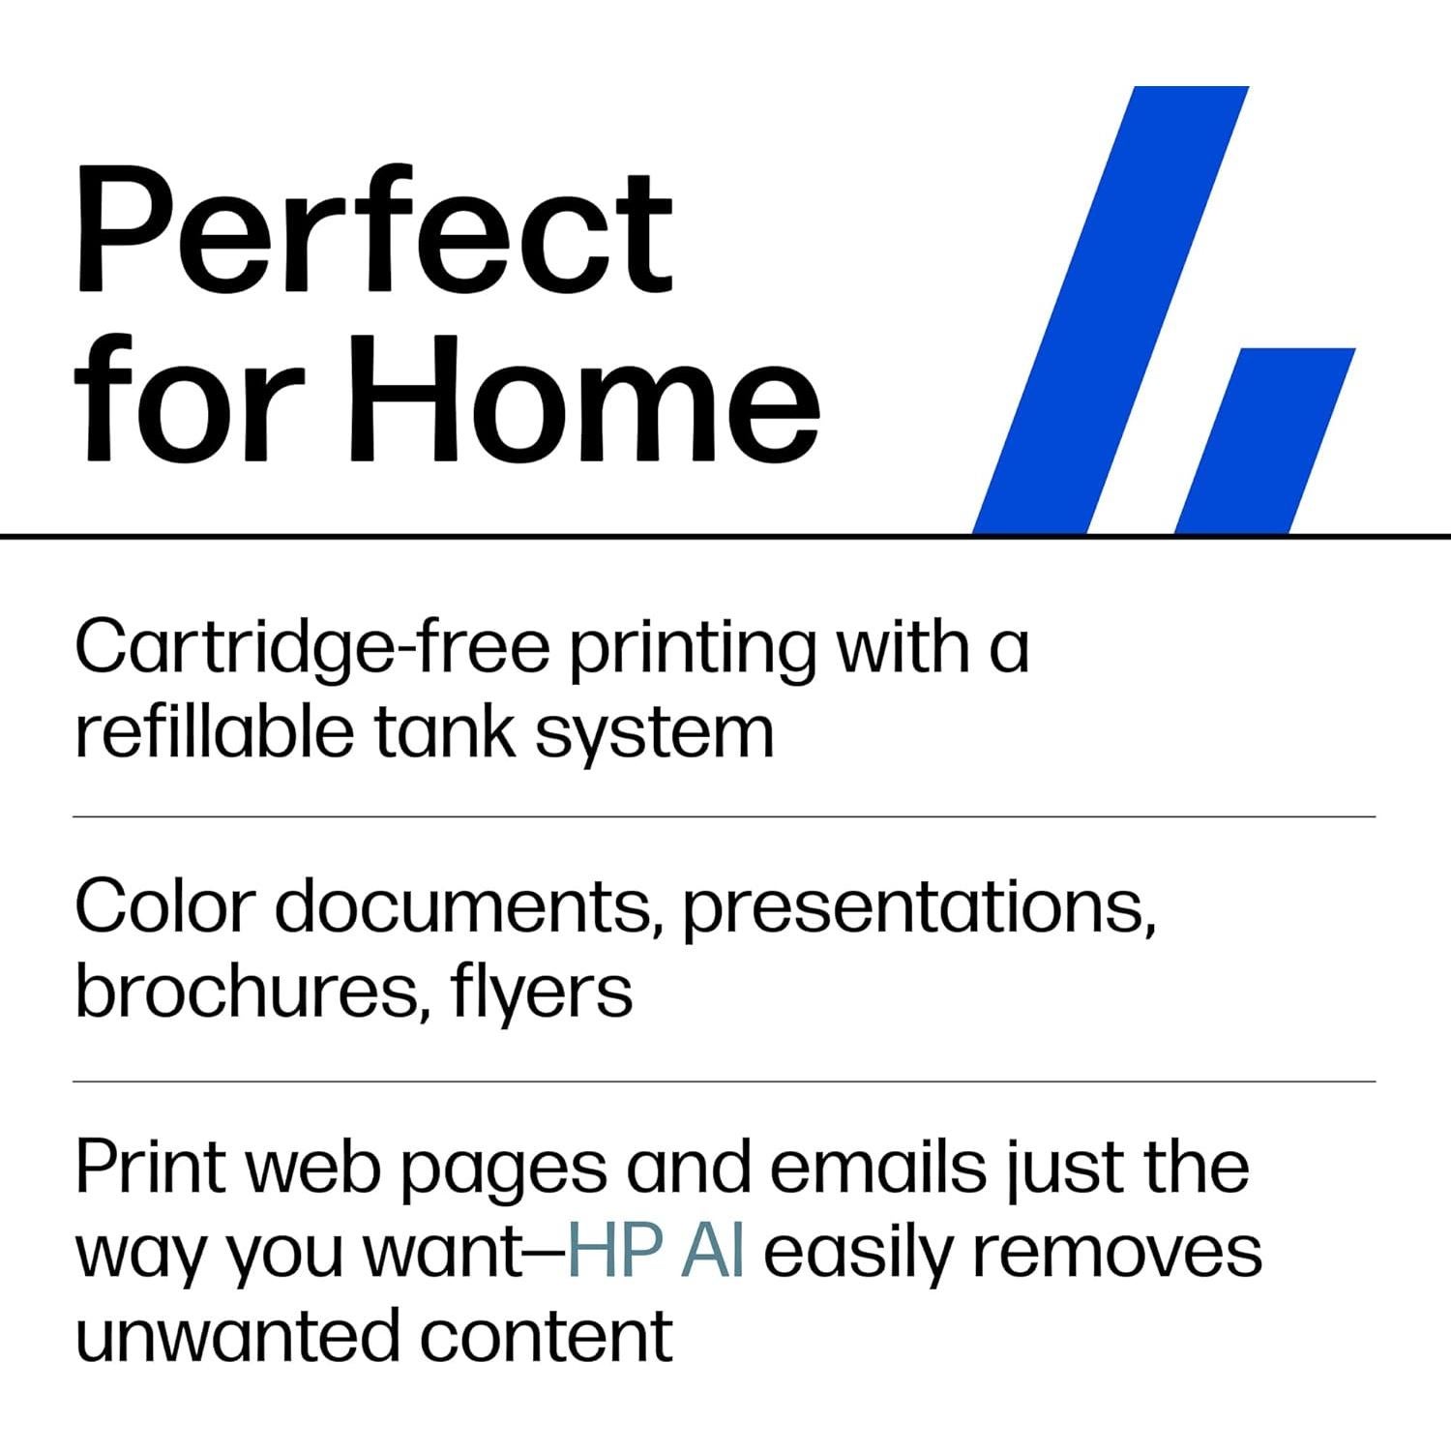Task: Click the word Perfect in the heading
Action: tap(373, 232)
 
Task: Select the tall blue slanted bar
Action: tap(1110, 310)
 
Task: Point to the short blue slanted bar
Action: tap(1265, 440)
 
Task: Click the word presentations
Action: tap(919, 913)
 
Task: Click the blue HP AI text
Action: tap(655, 1251)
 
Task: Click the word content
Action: tap(546, 1337)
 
